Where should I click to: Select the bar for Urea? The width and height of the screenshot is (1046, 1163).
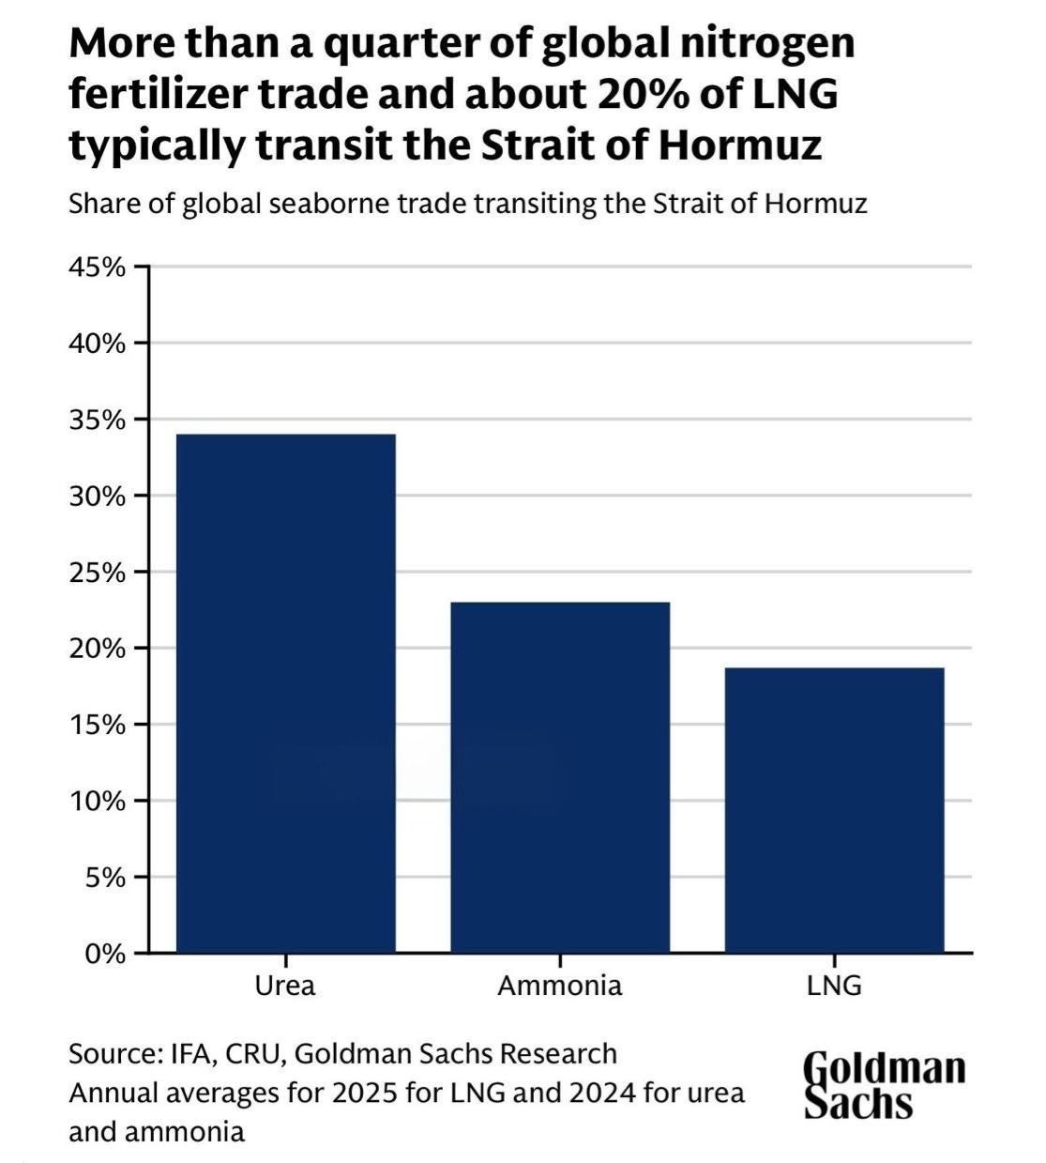coord(286,693)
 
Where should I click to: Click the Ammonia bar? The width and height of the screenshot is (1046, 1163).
coord(560,777)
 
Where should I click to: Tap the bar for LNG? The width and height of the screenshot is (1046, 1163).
coord(835,810)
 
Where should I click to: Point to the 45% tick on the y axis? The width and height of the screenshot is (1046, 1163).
coord(142,267)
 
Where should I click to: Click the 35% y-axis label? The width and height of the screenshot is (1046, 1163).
coord(98,421)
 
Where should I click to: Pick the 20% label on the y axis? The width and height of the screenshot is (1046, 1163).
coord(98,649)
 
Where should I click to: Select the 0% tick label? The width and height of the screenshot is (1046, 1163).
coord(105,954)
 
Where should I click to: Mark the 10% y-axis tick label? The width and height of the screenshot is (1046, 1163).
coord(98,802)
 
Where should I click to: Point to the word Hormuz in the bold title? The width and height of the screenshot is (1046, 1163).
coord(740,145)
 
